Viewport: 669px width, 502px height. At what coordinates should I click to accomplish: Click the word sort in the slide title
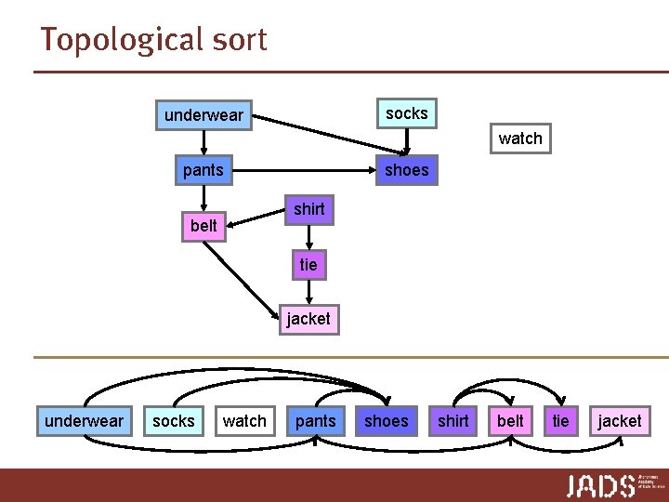(239, 40)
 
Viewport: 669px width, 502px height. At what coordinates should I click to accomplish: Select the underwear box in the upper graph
(203, 115)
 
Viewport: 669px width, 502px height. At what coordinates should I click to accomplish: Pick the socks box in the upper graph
(406, 113)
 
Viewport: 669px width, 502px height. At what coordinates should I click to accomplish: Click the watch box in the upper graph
(519, 139)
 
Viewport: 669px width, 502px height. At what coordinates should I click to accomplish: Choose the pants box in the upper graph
(203, 169)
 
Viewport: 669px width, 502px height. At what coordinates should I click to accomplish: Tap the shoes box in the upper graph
(406, 169)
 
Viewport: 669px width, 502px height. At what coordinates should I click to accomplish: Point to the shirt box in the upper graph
(308, 209)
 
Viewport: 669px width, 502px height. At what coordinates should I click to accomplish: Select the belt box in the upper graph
(203, 225)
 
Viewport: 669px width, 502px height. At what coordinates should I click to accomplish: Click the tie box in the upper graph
(308, 265)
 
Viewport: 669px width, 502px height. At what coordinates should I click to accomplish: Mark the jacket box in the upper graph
(308, 319)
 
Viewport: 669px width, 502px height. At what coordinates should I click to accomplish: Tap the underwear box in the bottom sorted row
(84, 421)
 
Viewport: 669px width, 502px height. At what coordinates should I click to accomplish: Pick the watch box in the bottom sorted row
(244, 421)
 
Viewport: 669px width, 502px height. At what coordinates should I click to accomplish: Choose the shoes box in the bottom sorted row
(386, 421)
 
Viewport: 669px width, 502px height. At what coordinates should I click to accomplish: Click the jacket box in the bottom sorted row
(619, 421)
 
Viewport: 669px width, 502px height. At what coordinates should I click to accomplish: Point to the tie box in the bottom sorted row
(560, 421)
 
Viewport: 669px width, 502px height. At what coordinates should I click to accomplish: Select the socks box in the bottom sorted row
(174, 421)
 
